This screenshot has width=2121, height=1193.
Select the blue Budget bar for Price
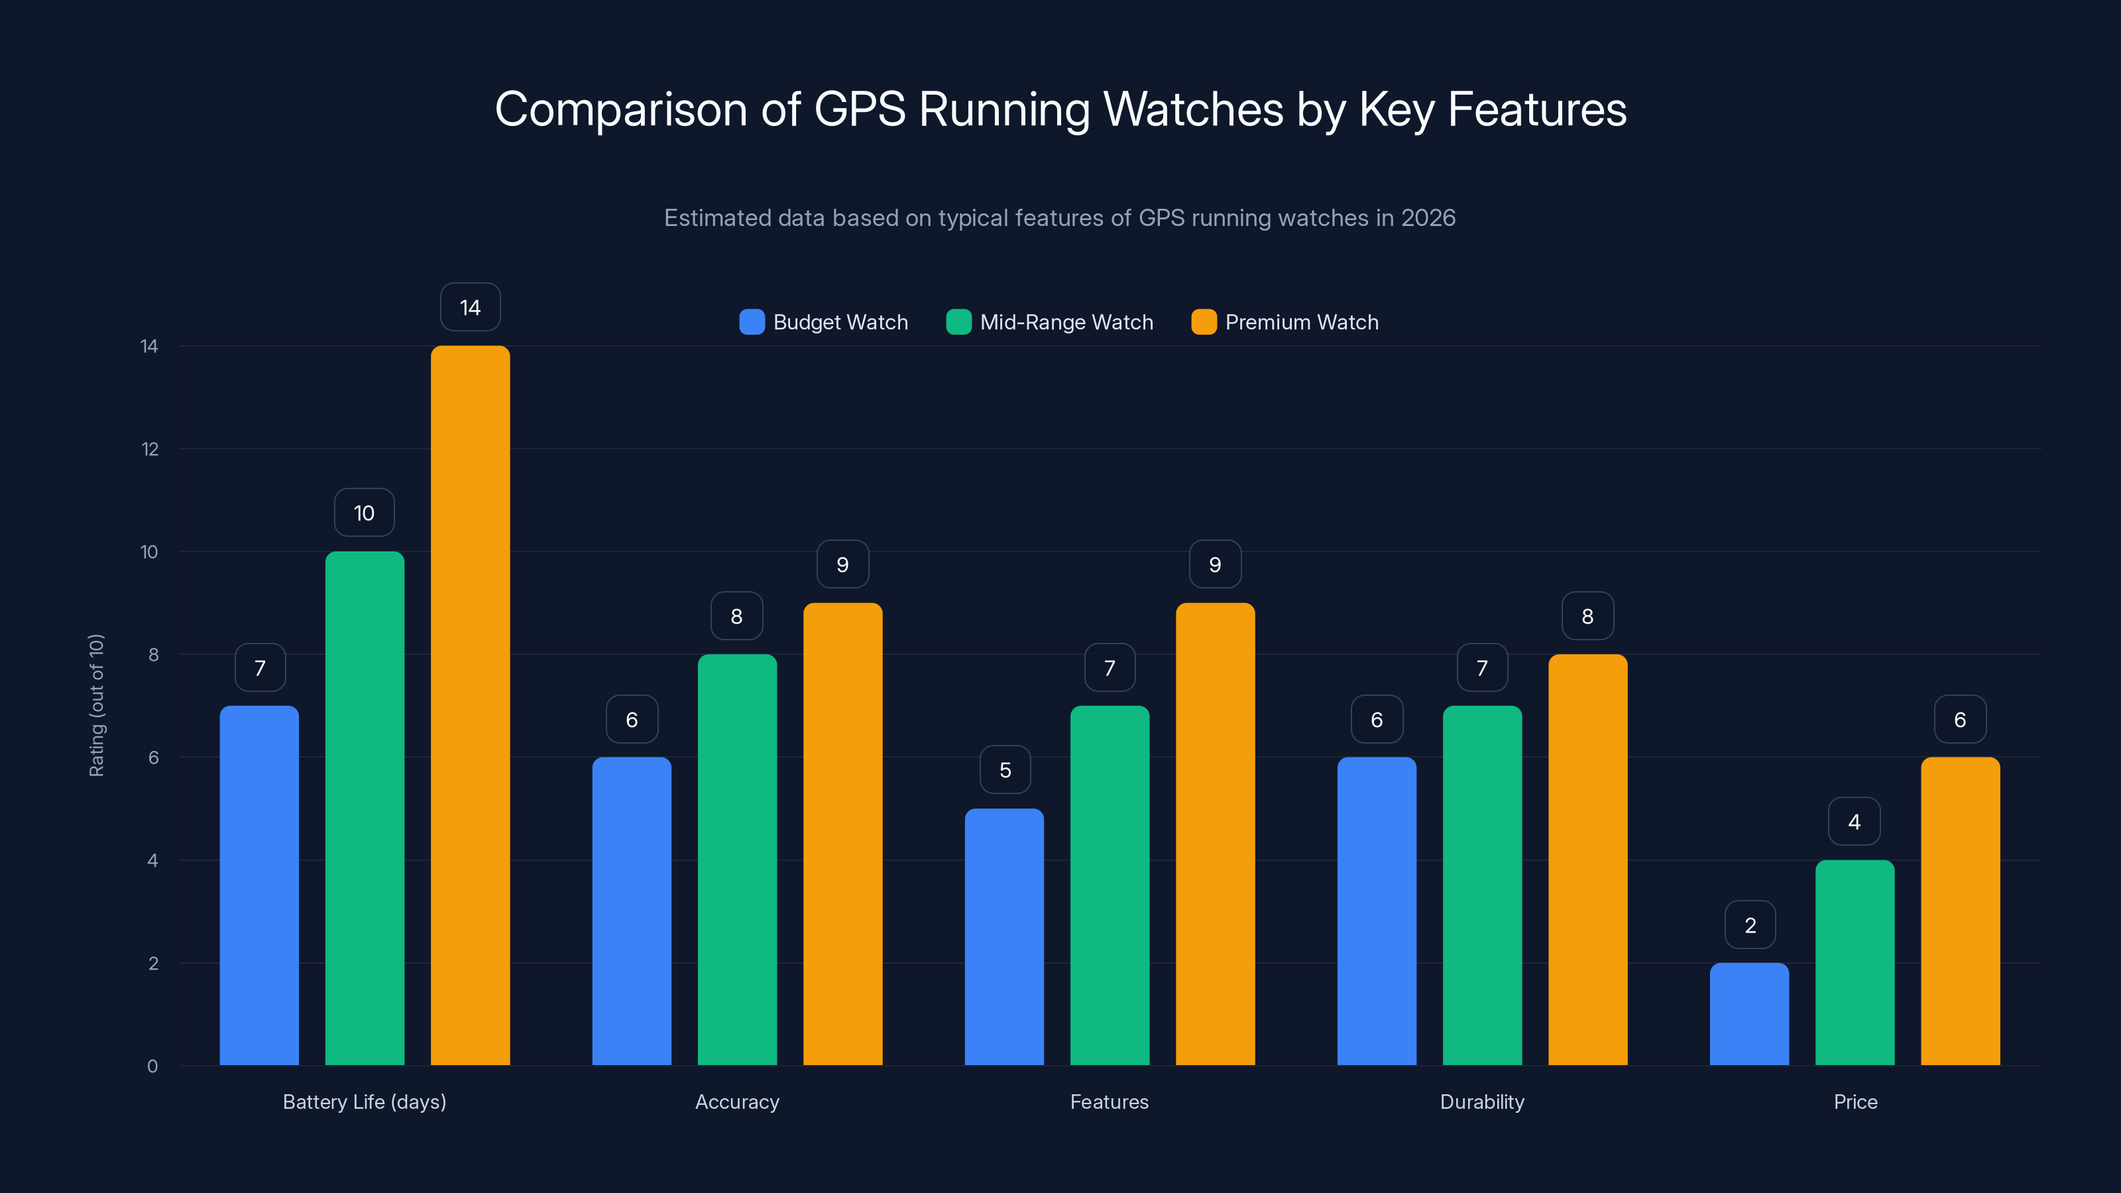(1749, 1013)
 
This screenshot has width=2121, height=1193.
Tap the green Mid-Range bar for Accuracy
(737, 860)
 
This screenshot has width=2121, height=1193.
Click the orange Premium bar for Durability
(1587, 860)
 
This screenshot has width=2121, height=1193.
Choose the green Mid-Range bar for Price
(1855, 962)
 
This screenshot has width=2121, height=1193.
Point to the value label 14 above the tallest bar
(470, 308)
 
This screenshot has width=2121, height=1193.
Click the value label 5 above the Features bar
(1005, 769)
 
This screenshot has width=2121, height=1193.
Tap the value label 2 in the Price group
(1750, 925)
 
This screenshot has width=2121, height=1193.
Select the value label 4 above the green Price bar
(1855, 822)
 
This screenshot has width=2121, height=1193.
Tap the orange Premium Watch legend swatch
(1203, 322)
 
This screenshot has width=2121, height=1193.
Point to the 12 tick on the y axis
(150, 449)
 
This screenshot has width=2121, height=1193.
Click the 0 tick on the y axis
(152, 1066)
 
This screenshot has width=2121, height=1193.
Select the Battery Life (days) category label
(364, 1102)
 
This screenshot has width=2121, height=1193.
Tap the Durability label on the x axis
(1481, 1102)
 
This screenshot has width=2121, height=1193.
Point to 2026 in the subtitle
(1428, 218)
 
